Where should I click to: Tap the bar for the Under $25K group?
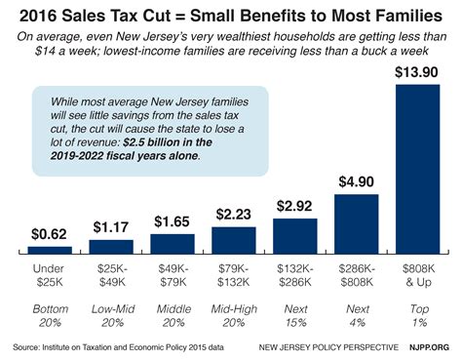50,251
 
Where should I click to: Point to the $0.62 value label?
50,234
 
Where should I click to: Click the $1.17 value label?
111,228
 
